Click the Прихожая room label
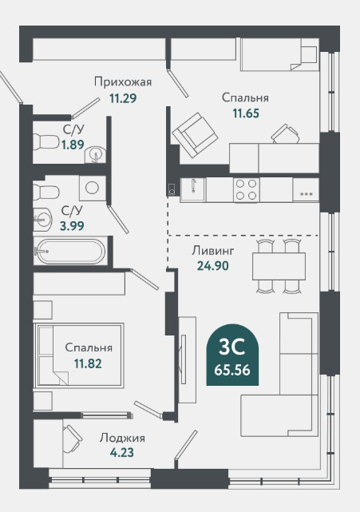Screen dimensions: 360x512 123,81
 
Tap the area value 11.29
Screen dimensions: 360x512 123,98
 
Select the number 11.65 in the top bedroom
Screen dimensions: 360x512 246,113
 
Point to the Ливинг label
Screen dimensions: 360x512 213,251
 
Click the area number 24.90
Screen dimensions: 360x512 213,266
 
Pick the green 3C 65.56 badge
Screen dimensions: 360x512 232,355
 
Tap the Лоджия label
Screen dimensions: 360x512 122,438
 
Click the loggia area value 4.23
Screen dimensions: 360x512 122,453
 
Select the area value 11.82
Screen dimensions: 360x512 88,363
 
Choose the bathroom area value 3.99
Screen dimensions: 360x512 72,225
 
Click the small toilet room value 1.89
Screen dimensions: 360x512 73,145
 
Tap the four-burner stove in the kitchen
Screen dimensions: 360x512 247,190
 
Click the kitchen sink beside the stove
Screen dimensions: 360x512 192,190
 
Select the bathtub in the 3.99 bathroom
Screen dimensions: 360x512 70,252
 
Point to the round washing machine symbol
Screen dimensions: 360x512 92,188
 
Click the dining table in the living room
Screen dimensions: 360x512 279,266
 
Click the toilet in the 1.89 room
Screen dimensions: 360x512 45,141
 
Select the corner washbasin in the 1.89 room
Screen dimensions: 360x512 95,154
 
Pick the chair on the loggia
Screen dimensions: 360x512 73,439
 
